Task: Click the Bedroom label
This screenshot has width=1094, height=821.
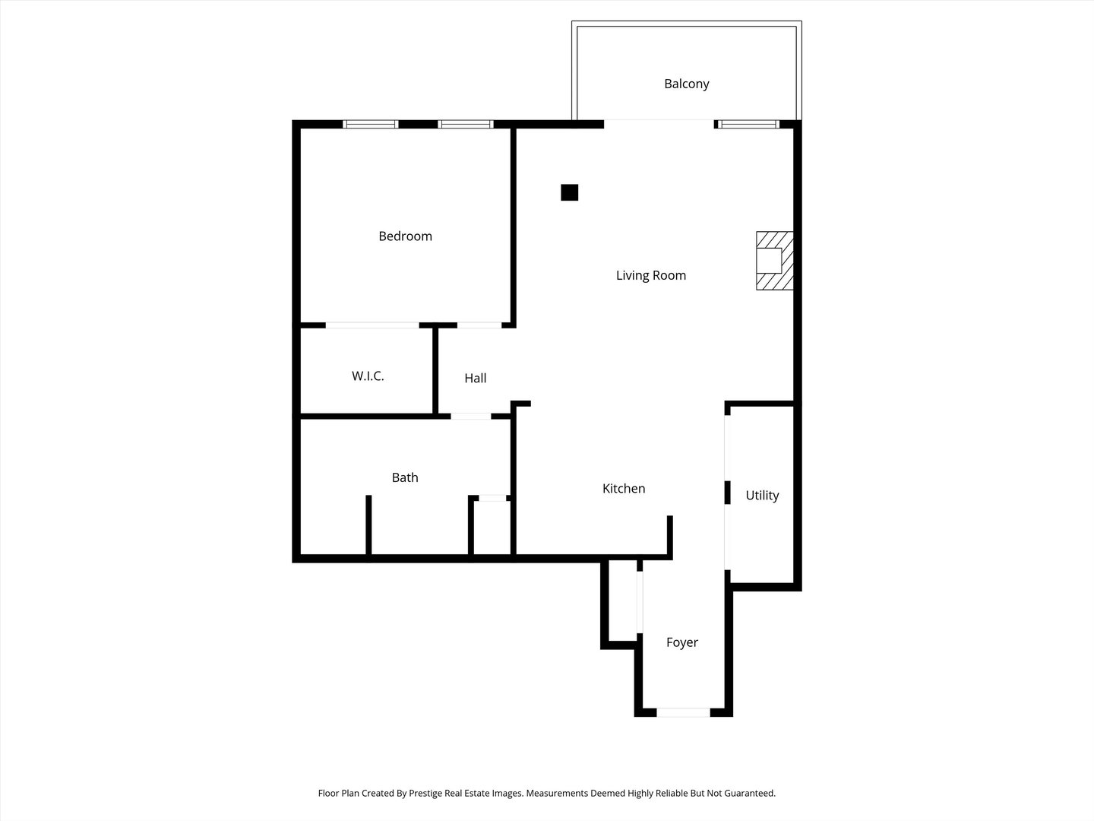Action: [405, 236]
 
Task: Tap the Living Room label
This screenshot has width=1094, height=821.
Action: [650, 275]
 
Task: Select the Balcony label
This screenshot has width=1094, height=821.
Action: [686, 84]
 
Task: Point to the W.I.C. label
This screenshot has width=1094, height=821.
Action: [368, 376]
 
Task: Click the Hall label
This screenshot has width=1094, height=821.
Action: [476, 378]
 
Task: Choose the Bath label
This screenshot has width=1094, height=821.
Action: [405, 477]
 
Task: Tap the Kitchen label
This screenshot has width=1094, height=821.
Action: [624, 488]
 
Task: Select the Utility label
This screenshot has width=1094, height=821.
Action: [762, 495]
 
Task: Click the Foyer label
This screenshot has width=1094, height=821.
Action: [681, 642]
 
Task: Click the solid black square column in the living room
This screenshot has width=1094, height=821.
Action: [569, 192]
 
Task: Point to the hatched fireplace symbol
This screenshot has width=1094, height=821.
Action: [774, 261]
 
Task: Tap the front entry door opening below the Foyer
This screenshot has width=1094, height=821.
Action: [683, 712]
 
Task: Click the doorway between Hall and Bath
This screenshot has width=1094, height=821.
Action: [471, 416]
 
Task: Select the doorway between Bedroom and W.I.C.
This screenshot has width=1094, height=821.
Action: [372, 325]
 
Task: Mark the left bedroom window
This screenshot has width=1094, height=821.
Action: [371, 124]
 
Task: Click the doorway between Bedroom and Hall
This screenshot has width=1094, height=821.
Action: [479, 325]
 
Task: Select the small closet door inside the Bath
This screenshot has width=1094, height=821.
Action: [492, 498]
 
